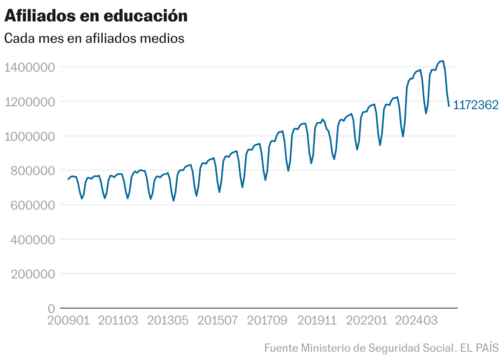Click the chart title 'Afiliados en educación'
[96, 16]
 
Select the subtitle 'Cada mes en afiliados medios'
[94, 38]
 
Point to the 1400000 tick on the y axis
[29, 67]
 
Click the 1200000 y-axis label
[29, 102]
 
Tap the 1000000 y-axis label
[29, 136]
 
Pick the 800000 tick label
[33, 171]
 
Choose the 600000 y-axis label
[33, 205]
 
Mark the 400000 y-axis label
[33, 239]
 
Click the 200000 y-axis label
[33, 274]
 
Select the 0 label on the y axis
[51, 309]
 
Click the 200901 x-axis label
[68, 321]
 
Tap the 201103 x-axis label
[118, 321]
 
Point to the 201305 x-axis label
[168, 321]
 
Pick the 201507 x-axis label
[218, 321]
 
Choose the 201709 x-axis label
[268, 321]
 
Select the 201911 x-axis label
[317, 321]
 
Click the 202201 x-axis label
[367, 321]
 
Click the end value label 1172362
[476, 105]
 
